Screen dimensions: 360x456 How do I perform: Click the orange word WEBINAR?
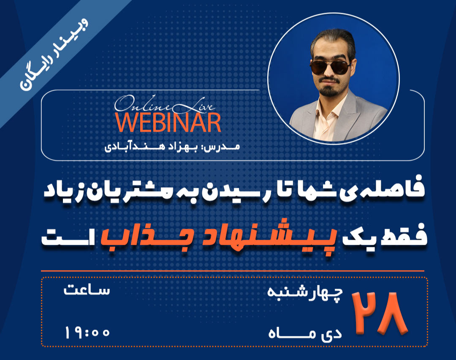168,122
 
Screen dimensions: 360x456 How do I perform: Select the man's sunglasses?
329,67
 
